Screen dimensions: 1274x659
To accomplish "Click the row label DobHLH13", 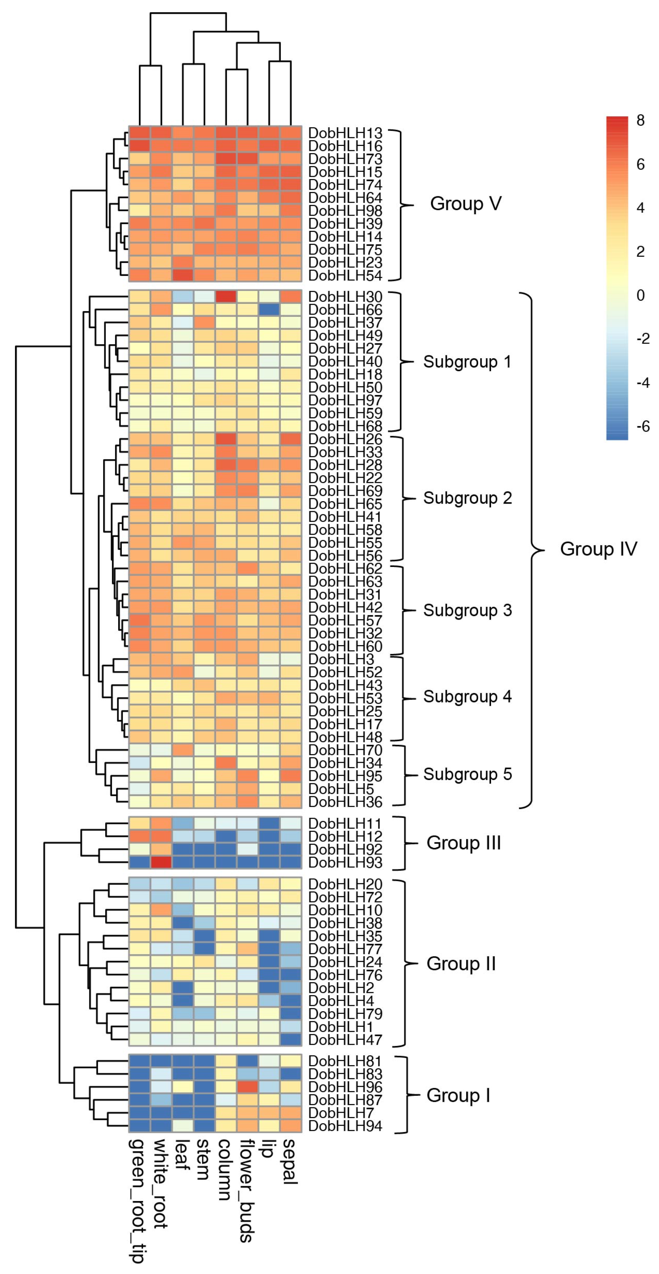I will pos(345,133).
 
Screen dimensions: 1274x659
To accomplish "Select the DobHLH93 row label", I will pos(345,862).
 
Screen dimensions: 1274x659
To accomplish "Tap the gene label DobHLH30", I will pos(345,297).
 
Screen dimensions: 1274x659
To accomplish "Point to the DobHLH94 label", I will pos(345,1126).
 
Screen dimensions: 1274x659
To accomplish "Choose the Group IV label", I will pos(598,549).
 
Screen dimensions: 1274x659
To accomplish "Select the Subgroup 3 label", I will pos(467,610).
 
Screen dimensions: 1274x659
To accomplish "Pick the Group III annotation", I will pos(464,843).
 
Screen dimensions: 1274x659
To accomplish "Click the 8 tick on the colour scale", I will pos(640,120).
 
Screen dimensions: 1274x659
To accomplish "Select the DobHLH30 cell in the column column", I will pos(226,297).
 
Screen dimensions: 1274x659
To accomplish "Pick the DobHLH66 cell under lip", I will pos(270,310).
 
